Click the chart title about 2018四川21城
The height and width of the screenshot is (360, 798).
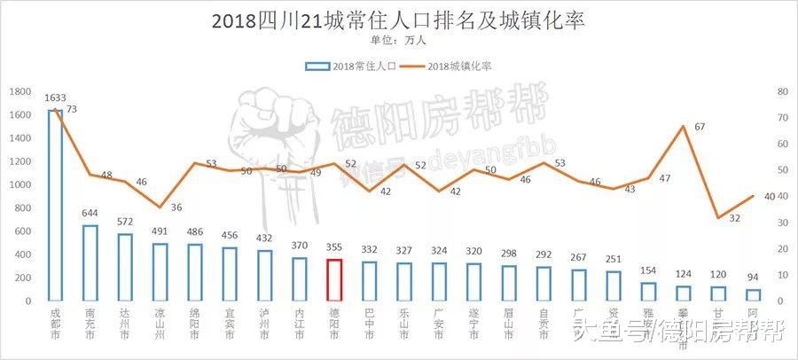[x=398, y=20]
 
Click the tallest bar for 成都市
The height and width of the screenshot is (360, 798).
[x=55, y=206]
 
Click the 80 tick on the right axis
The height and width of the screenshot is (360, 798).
[x=781, y=92]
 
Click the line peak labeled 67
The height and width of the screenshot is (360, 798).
[x=683, y=126]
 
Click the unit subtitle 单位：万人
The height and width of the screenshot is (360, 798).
[x=398, y=40]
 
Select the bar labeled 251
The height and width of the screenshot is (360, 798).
[x=614, y=286]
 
